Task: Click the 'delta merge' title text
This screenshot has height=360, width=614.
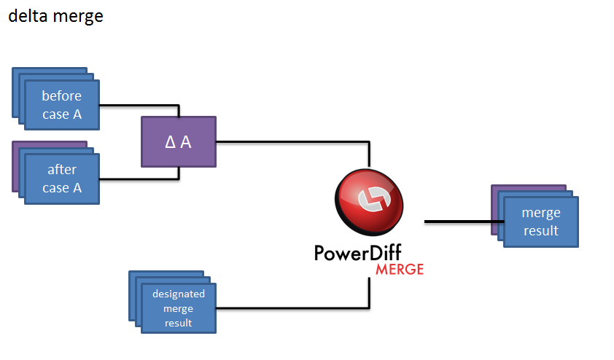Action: pyautogui.click(x=55, y=16)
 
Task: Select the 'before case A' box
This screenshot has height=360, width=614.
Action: pyautogui.click(x=62, y=104)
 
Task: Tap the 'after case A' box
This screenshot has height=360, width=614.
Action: pyautogui.click(x=62, y=179)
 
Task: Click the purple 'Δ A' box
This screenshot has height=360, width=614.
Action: pyautogui.click(x=179, y=141)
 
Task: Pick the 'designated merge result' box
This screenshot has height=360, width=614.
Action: pyautogui.click(x=179, y=308)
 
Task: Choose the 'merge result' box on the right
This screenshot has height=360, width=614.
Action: pyautogui.click(x=541, y=222)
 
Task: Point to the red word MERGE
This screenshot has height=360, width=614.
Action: pyautogui.click(x=399, y=269)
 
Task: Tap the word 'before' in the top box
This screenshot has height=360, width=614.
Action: pyautogui.click(x=62, y=95)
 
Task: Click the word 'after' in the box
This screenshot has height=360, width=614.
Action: pyautogui.click(x=62, y=170)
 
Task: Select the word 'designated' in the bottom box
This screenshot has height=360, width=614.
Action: pyautogui.click(x=179, y=294)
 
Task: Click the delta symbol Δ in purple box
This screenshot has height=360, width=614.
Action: pyautogui.click(x=170, y=142)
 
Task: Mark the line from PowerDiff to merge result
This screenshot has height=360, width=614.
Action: pyautogui.click(x=459, y=221)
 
